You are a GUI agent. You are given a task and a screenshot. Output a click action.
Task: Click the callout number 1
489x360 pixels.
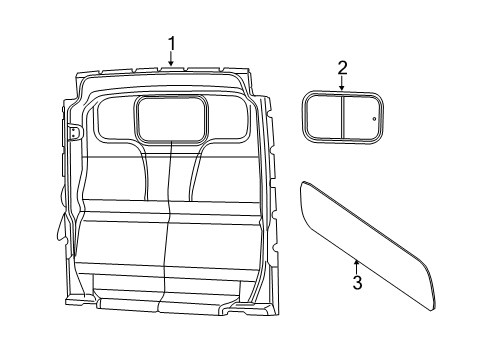coord(172,43)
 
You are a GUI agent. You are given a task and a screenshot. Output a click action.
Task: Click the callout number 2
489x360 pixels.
coord(342,67)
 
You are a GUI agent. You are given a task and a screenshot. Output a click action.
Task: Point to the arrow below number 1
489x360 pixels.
coord(172,60)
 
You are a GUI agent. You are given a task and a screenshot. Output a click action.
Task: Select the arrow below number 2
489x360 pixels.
coord(342,84)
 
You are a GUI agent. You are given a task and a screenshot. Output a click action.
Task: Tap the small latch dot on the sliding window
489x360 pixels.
coord(374,118)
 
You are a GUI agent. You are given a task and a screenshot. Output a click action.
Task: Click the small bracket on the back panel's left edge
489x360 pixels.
coord(74,132)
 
